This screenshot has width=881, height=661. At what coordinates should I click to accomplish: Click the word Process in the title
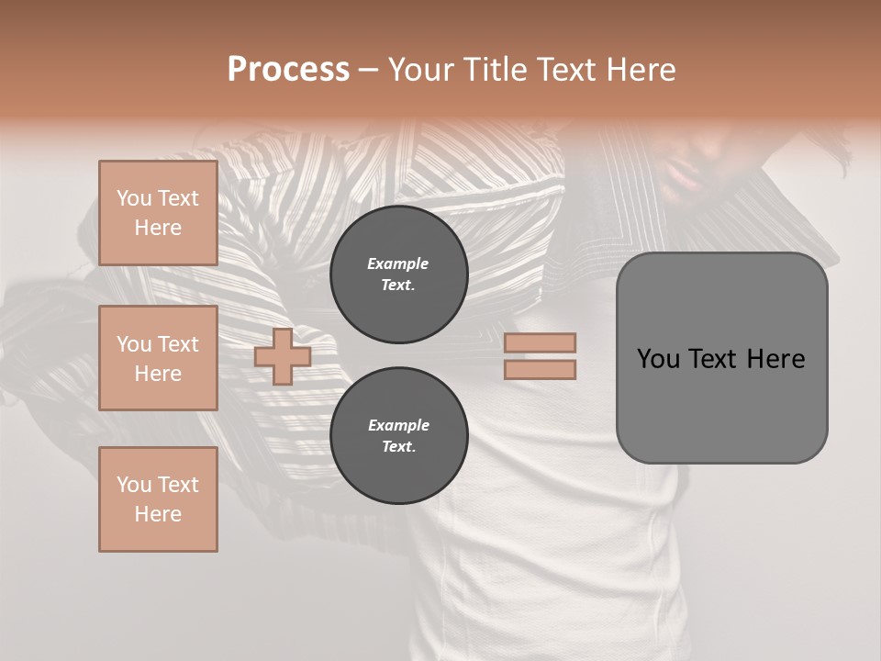pyautogui.click(x=288, y=70)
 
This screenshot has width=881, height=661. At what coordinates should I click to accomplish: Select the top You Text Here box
pyautogui.click(x=158, y=213)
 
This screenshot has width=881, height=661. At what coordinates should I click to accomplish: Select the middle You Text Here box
pyautogui.click(x=158, y=358)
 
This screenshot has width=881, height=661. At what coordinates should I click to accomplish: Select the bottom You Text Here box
pyautogui.click(x=158, y=499)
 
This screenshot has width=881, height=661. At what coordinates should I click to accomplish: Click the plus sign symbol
pyautogui.click(x=283, y=356)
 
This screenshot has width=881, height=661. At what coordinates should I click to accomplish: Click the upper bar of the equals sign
pyautogui.click(x=540, y=342)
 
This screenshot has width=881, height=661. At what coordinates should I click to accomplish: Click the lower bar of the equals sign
pyautogui.click(x=540, y=370)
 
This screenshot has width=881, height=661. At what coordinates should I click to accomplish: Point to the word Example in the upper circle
pyautogui.click(x=398, y=263)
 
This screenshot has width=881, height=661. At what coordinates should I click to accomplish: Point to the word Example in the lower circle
pyautogui.click(x=398, y=425)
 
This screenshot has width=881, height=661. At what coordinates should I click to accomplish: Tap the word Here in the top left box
pyautogui.click(x=158, y=228)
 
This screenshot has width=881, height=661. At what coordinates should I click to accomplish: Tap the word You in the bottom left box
pyautogui.click(x=134, y=485)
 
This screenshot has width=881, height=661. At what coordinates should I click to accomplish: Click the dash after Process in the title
pyautogui.click(x=368, y=70)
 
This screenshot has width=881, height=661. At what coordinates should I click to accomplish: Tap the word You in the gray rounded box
pyautogui.click(x=658, y=359)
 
